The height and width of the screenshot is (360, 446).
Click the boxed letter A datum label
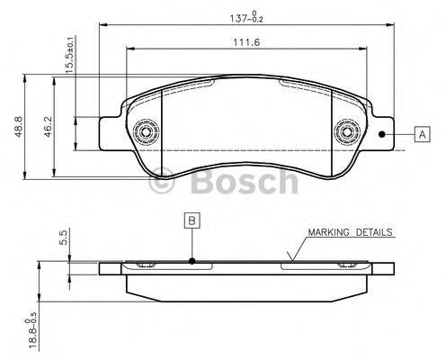[420, 135]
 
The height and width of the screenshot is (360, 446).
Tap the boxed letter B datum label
[191, 219]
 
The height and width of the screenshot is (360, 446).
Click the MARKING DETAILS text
[350, 232]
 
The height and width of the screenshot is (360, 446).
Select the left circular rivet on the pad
[142, 134]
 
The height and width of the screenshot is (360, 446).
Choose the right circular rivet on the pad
[345, 134]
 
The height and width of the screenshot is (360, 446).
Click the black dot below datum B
[191, 262]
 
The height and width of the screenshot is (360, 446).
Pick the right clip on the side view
[345, 265]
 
